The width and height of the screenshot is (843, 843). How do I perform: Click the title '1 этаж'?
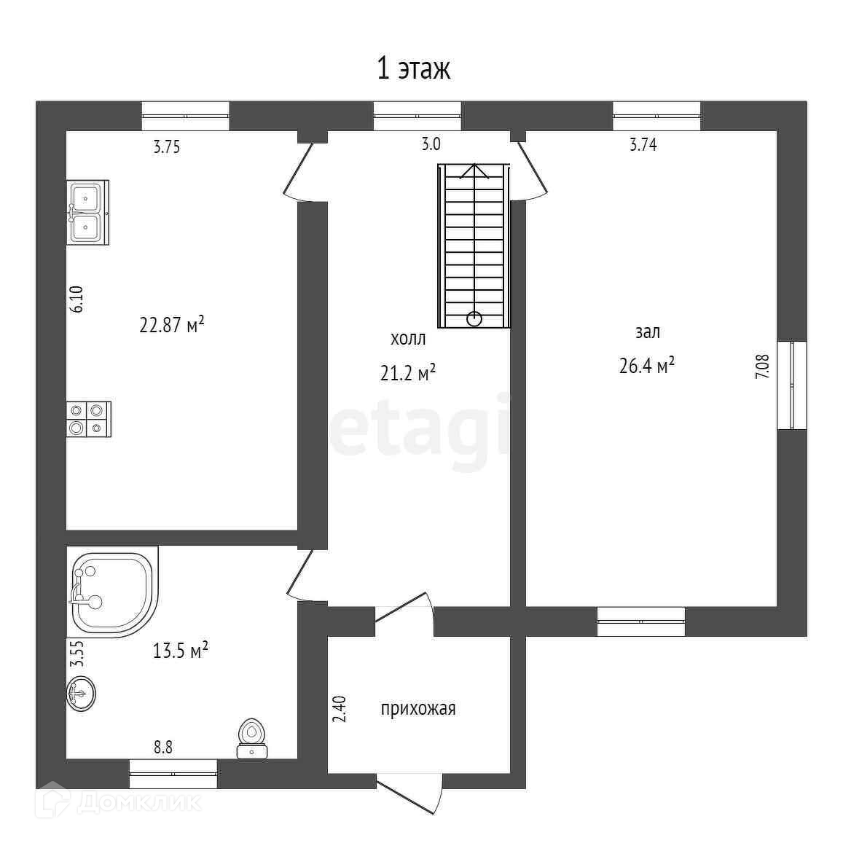pos(413,69)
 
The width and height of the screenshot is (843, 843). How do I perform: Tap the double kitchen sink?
pos(87,212)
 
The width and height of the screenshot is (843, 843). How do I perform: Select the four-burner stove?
pos(88,419)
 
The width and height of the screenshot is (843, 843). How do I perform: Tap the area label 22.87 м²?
pos(171,324)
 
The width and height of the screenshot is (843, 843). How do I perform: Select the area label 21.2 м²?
pos(407,373)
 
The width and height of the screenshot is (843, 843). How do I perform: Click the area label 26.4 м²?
pos(646,365)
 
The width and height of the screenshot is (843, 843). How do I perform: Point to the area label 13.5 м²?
pos(181,650)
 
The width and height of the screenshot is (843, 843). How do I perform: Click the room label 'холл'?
pos(408,339)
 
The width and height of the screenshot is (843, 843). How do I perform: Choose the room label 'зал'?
pos(647,332)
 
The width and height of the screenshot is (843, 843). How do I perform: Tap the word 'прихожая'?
pos(418,708)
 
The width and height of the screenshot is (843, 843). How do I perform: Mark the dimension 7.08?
pos(761,366)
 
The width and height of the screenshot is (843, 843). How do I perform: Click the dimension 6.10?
pos(77,299)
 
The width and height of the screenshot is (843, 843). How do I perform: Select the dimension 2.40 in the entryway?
pos(339,709)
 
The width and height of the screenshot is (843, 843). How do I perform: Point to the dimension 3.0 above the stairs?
pos(431,144)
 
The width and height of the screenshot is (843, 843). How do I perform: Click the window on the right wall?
pos(793,385)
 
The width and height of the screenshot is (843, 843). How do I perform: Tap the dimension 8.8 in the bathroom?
pos(162,747)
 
